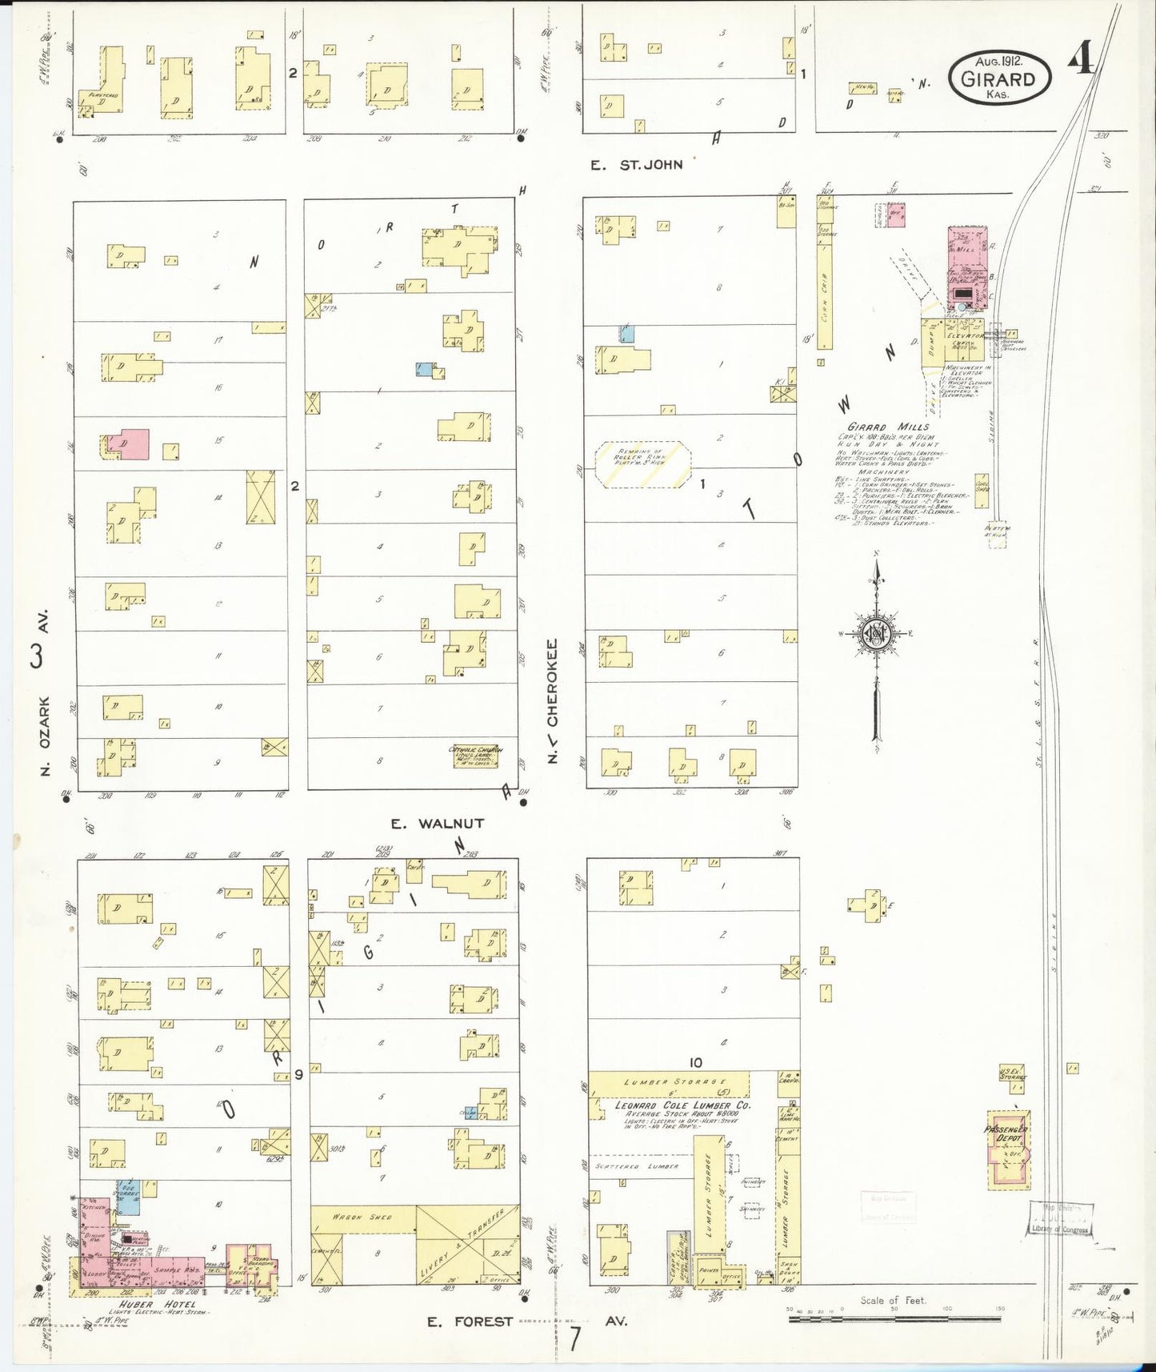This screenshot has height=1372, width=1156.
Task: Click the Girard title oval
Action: [999, 78]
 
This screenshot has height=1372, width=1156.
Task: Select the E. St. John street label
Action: [637, 165]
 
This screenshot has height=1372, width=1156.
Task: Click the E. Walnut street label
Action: [438, 823]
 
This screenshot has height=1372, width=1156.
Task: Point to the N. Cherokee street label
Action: [553, 700]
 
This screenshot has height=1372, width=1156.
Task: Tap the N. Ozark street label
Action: [46, 735]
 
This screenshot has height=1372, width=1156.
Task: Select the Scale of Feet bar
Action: [894, 1319]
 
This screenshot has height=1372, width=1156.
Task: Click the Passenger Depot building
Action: [1006, 1149]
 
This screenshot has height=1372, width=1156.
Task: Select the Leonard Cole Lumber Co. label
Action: [682, 1105]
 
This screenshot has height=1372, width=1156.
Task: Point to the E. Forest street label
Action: [469, 1322]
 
